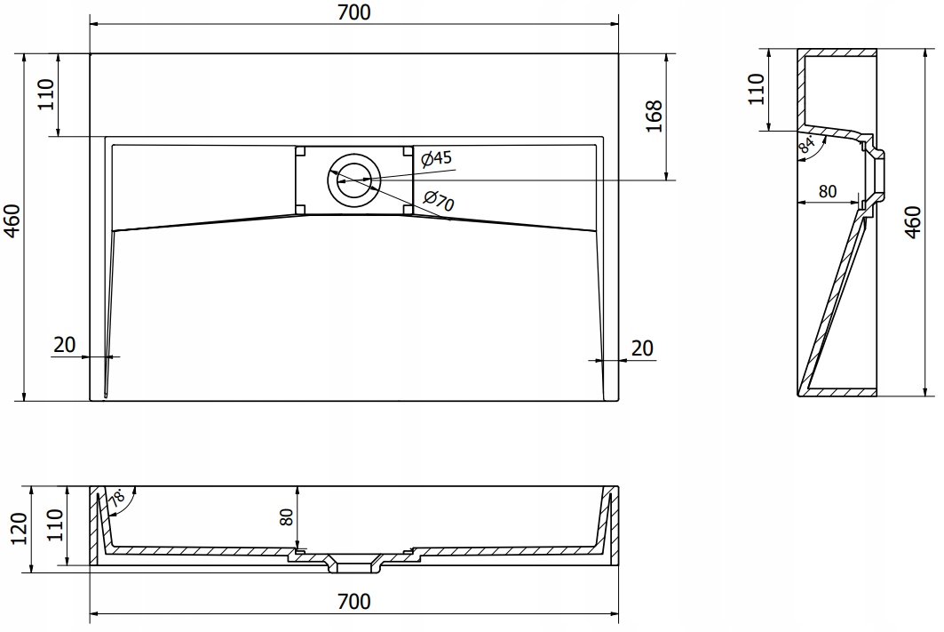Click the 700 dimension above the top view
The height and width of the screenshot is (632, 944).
[354, 12]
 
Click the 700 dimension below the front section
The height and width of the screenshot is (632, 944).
[354, 601]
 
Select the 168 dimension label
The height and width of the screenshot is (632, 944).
[654, 116]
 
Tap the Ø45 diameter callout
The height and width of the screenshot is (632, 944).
[436, 158]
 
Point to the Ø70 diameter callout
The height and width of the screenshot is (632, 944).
[439, 201]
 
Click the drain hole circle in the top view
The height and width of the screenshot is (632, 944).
[354, 179]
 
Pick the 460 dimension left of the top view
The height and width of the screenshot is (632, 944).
[12, 221]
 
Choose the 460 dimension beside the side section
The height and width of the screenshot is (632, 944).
[913, 222]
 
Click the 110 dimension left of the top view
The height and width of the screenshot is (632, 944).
[46, 94]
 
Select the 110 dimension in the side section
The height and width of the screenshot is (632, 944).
[756, 89]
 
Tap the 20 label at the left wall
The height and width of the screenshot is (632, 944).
[65, 345]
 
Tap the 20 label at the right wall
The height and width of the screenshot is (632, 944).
[642, 348]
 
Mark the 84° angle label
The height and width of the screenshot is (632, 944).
[806, 145]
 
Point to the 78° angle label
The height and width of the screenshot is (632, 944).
[117, 498]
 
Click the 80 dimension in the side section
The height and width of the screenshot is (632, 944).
[828, 191]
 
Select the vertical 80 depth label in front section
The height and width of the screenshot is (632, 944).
[287, 517]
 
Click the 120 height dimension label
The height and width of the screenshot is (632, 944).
[20, 528]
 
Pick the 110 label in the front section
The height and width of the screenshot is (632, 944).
[55, 524]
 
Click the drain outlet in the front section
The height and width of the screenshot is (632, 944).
[354, 564]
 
